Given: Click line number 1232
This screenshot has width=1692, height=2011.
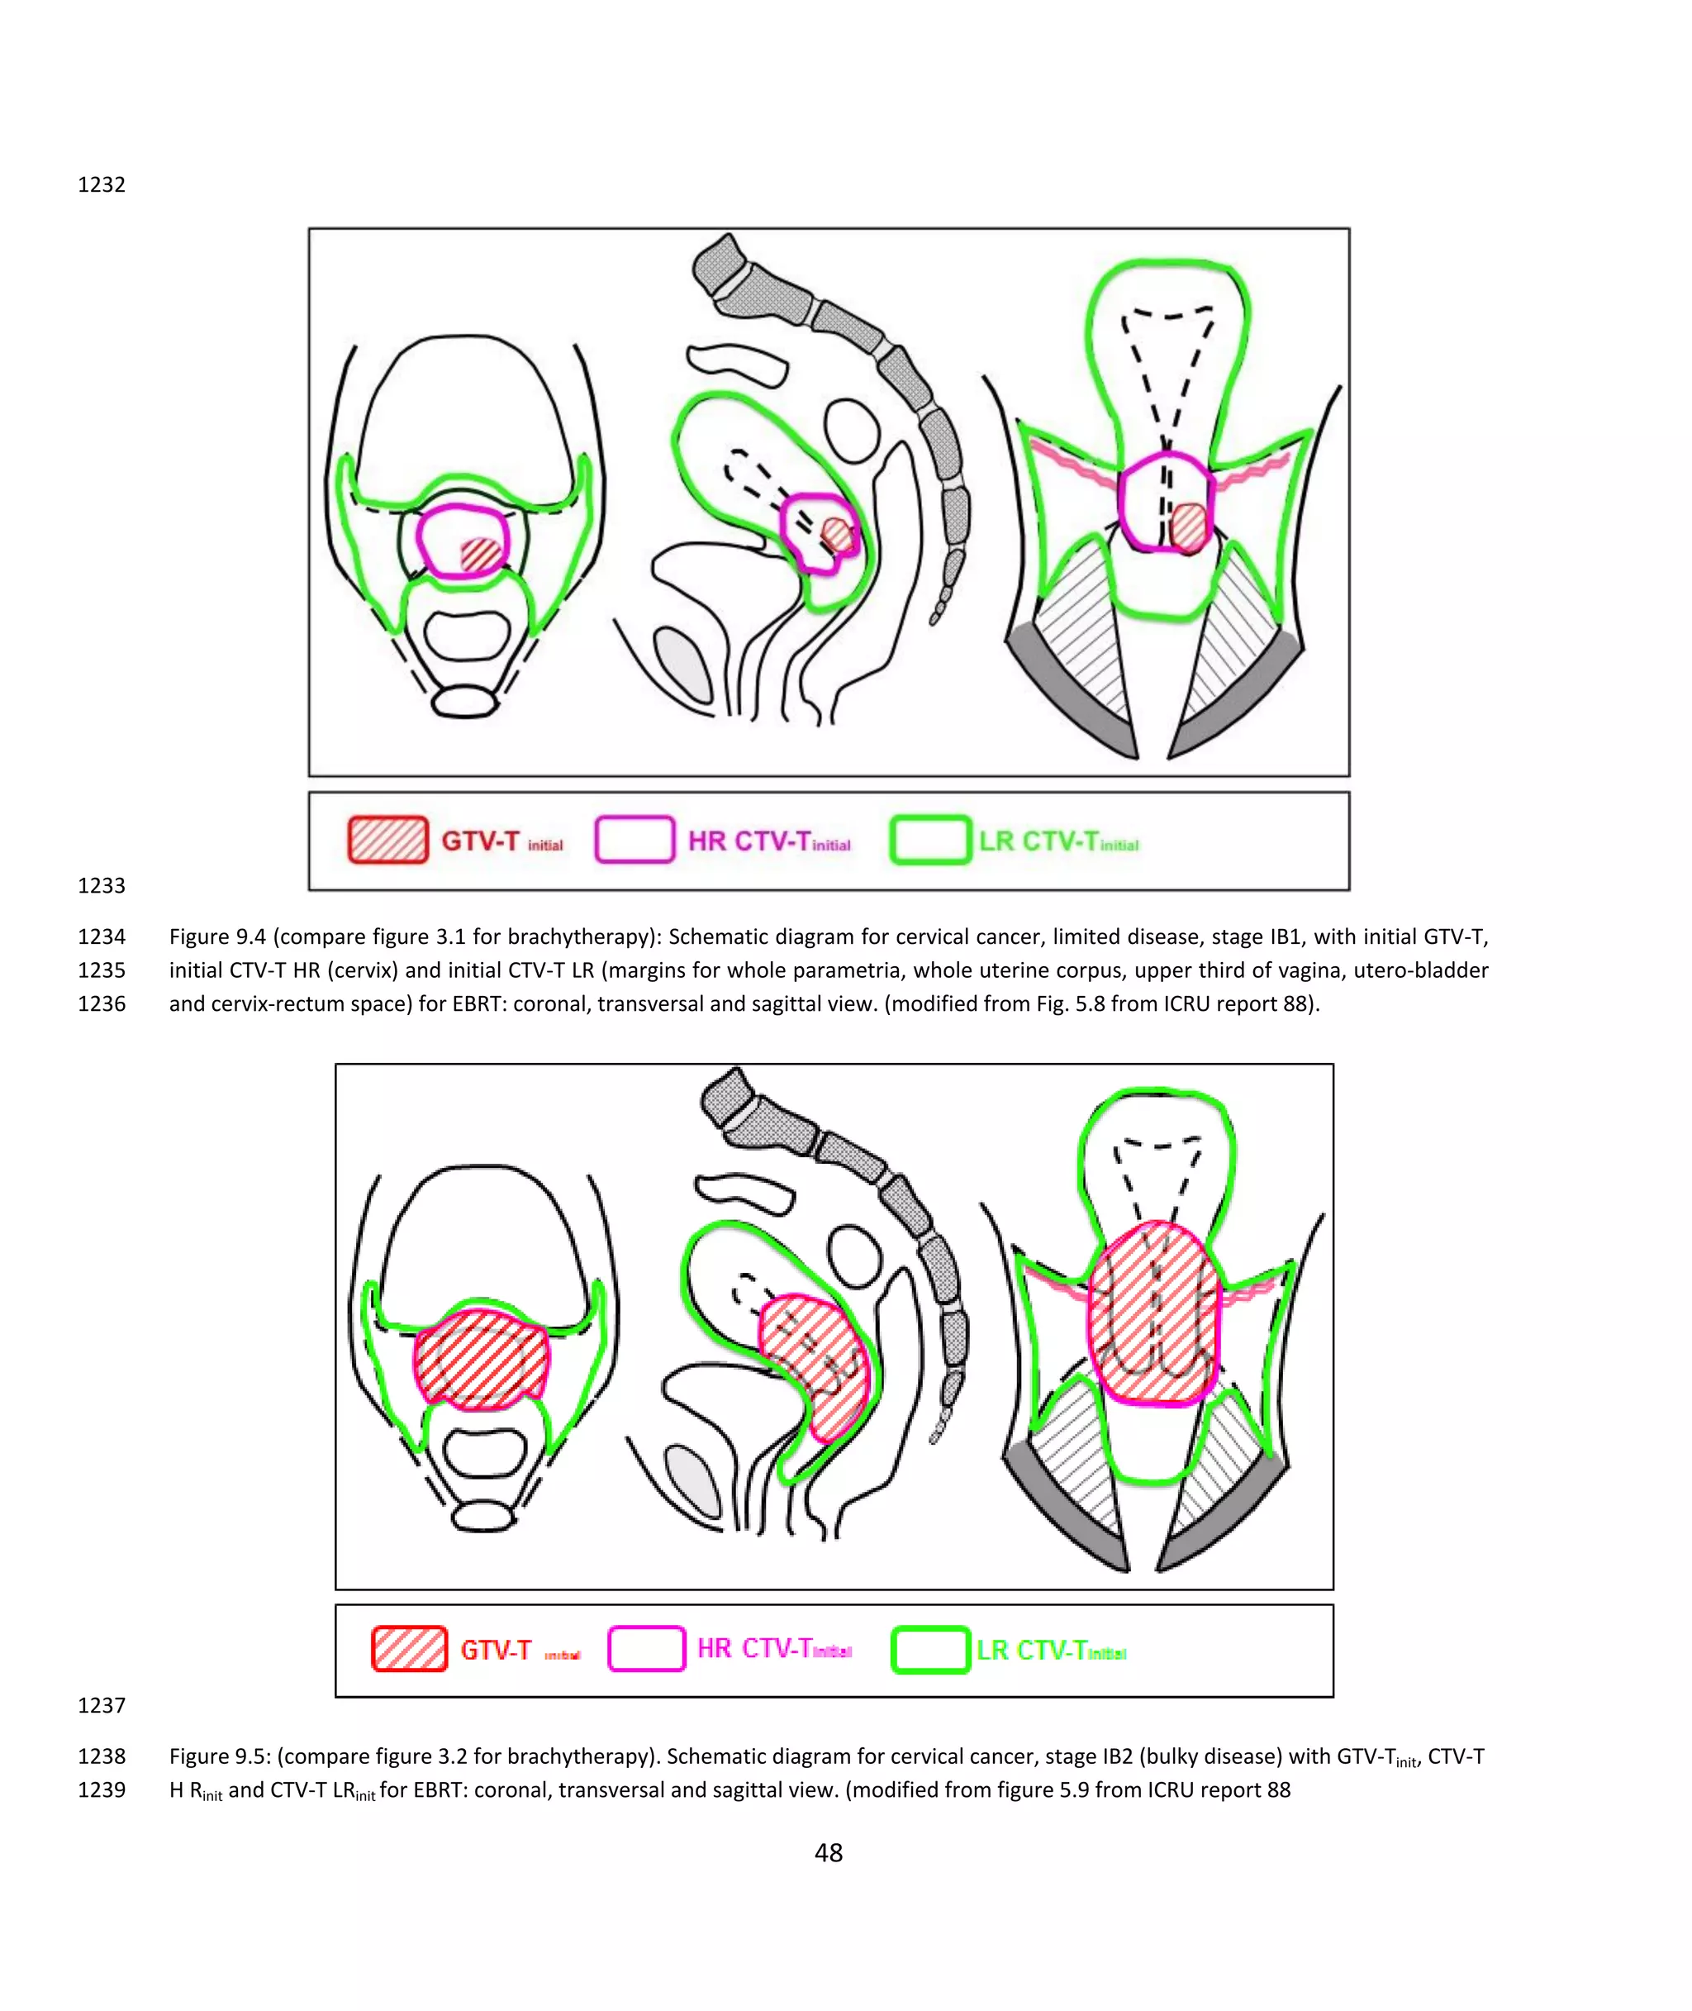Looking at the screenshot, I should pos(101,184).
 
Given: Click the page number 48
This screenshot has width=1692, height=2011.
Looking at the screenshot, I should pos(829,1852).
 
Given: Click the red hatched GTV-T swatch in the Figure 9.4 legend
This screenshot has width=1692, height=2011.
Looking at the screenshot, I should pos(387,840).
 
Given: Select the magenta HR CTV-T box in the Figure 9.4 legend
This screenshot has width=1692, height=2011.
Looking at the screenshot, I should pos(634,840).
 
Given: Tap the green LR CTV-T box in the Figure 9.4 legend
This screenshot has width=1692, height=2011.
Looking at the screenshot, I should pos(929,840).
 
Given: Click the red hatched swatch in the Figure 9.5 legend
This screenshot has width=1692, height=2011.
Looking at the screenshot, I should pos(410,1649).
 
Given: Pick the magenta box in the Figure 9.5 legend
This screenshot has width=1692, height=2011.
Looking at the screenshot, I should pos(647,1649).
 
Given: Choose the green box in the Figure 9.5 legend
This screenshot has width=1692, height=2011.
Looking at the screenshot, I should pos(929,1649).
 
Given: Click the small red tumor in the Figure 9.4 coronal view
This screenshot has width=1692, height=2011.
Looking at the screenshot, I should pos(1188,527).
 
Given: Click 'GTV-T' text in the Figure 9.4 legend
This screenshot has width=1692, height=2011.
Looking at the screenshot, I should pos(479,841).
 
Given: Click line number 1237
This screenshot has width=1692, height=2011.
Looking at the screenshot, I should pos(101,1705).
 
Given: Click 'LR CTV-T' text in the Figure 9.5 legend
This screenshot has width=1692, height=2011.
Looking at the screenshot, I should pos(1030,1651).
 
